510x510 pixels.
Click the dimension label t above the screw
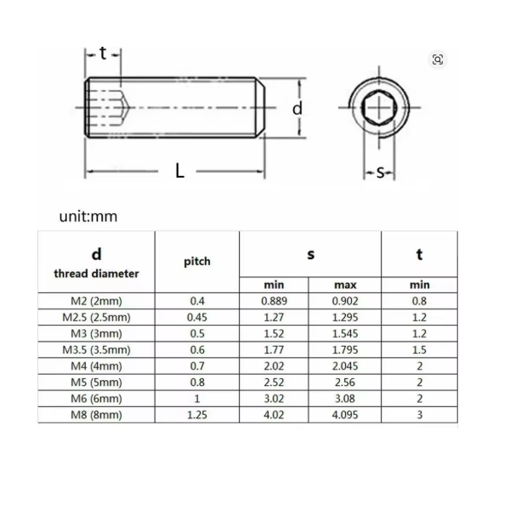tap(103, 53)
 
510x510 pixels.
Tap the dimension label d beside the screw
tap(297, 108)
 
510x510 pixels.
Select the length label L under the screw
tap(179, 171)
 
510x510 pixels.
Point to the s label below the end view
tap(380, 172)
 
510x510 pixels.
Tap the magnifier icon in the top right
tap(438, 59)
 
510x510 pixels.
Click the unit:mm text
tap(88, 216)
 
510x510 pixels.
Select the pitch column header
tap(197, 262)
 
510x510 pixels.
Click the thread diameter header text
tap(96, 274)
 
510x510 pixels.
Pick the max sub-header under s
tap(345, 285)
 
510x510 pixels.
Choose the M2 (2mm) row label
tap(96, 301)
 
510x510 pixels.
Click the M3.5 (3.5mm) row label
tap(96, 350)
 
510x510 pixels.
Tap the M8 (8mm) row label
tap(96, 415)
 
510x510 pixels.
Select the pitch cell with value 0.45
tap(197, 317)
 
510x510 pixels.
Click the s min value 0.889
tap(275, 301)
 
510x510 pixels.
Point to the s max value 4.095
tap(345, 415)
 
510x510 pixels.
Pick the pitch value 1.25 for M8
tap(197, 415)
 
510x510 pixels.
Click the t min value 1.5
tap(419, 349)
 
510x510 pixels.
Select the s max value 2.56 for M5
tap(345, 382)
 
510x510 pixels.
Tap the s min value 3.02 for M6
tap(274, 399)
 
